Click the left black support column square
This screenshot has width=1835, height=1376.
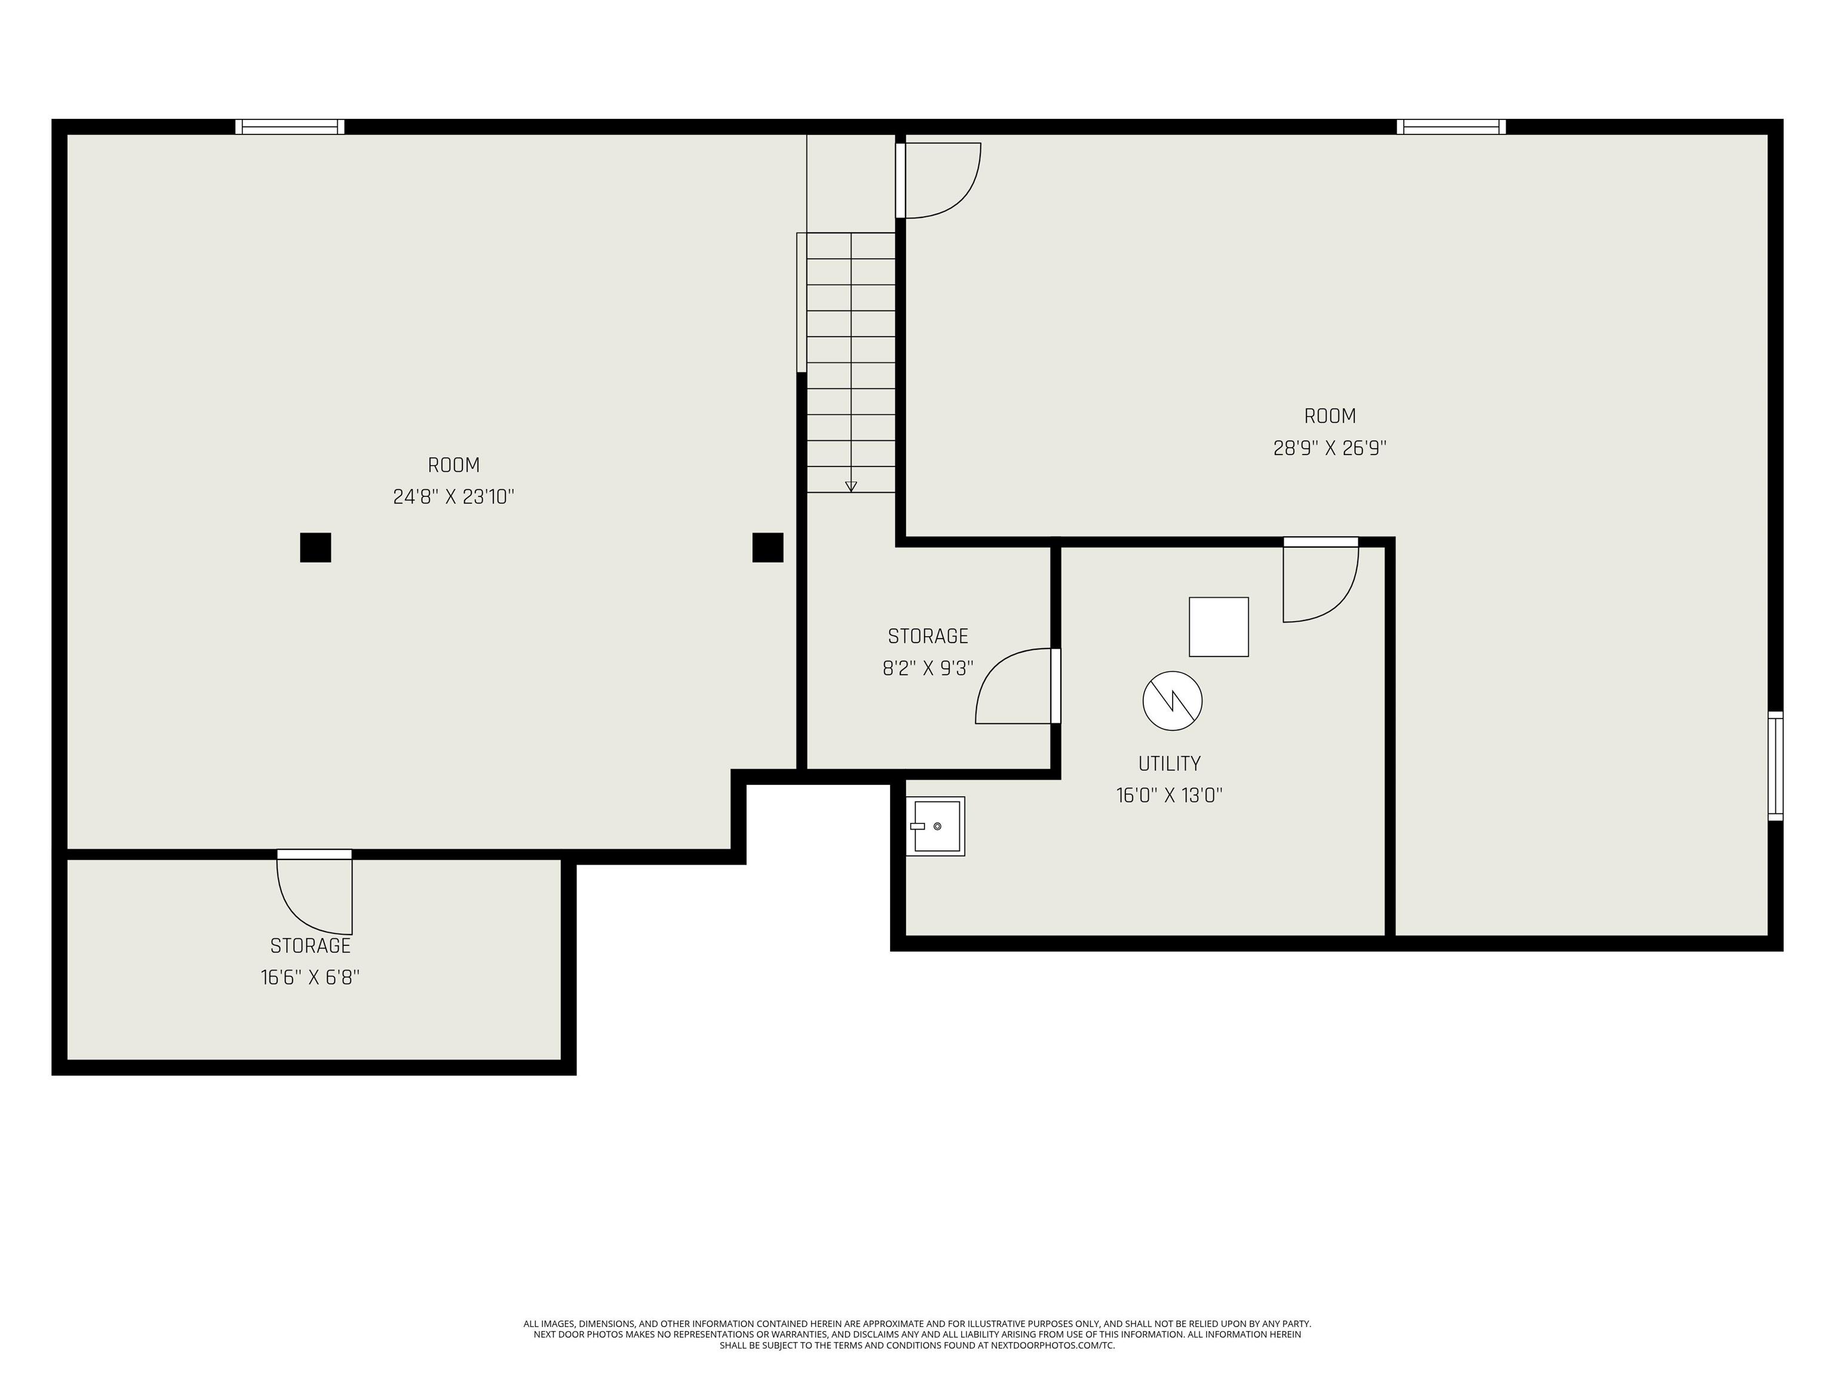tap(315, 548)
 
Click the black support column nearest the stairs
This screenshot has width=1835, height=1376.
tap(768, 548)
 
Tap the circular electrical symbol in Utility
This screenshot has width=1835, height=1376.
tap(1172, 701)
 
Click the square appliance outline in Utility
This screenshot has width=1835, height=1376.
tap(1219, 627)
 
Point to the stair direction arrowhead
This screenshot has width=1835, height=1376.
tap(851, 487)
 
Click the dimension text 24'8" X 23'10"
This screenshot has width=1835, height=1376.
tap(454, 497)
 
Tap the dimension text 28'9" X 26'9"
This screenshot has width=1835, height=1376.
tap(1330, 448)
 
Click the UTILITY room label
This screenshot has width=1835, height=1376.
tap(1169, 763)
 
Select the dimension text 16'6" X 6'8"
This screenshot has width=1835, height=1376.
tap(310, 977)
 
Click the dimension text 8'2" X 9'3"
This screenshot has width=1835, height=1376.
tap(928, 668)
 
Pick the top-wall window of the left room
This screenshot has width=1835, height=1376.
tap(290, 127)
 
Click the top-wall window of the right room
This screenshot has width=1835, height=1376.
tap(1451, 127)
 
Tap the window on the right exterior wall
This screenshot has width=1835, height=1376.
tap(1775, 766)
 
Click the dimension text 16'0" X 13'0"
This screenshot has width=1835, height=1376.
tap(1169, 795)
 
